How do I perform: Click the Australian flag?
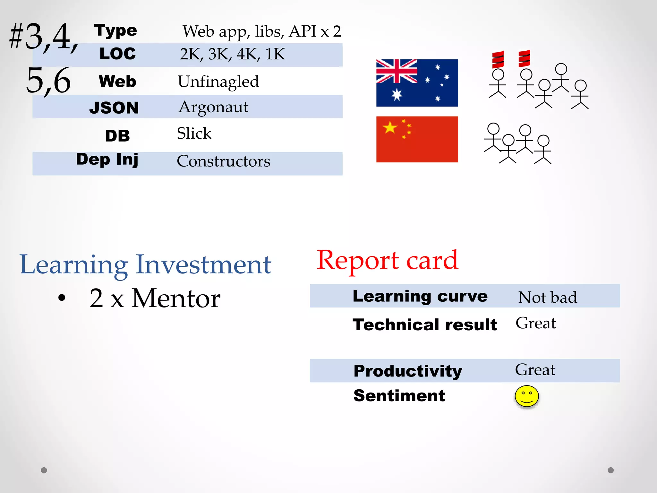[417, 83]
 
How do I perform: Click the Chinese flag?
[417, 139]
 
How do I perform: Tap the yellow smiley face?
[526, 396]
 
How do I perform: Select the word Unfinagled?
[218, 82]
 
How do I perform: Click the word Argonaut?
[213, 107]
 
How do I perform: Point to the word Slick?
[194, 133]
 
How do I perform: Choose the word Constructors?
[223, 161]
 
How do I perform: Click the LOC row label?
[117, 54]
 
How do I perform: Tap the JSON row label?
[114, 108]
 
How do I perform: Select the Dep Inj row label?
[107, 160]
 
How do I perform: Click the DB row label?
[117, 136]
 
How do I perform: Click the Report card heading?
[387, 260]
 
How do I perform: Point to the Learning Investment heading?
[145, 265]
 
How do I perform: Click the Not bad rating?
[547, 297]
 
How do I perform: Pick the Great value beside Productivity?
[535, 370]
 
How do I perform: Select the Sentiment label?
[399, 396]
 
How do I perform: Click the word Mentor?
[176, 298]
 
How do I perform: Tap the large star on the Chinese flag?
[390, 128]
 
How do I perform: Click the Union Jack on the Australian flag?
[397, 71]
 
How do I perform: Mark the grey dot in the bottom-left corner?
[44, 470]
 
